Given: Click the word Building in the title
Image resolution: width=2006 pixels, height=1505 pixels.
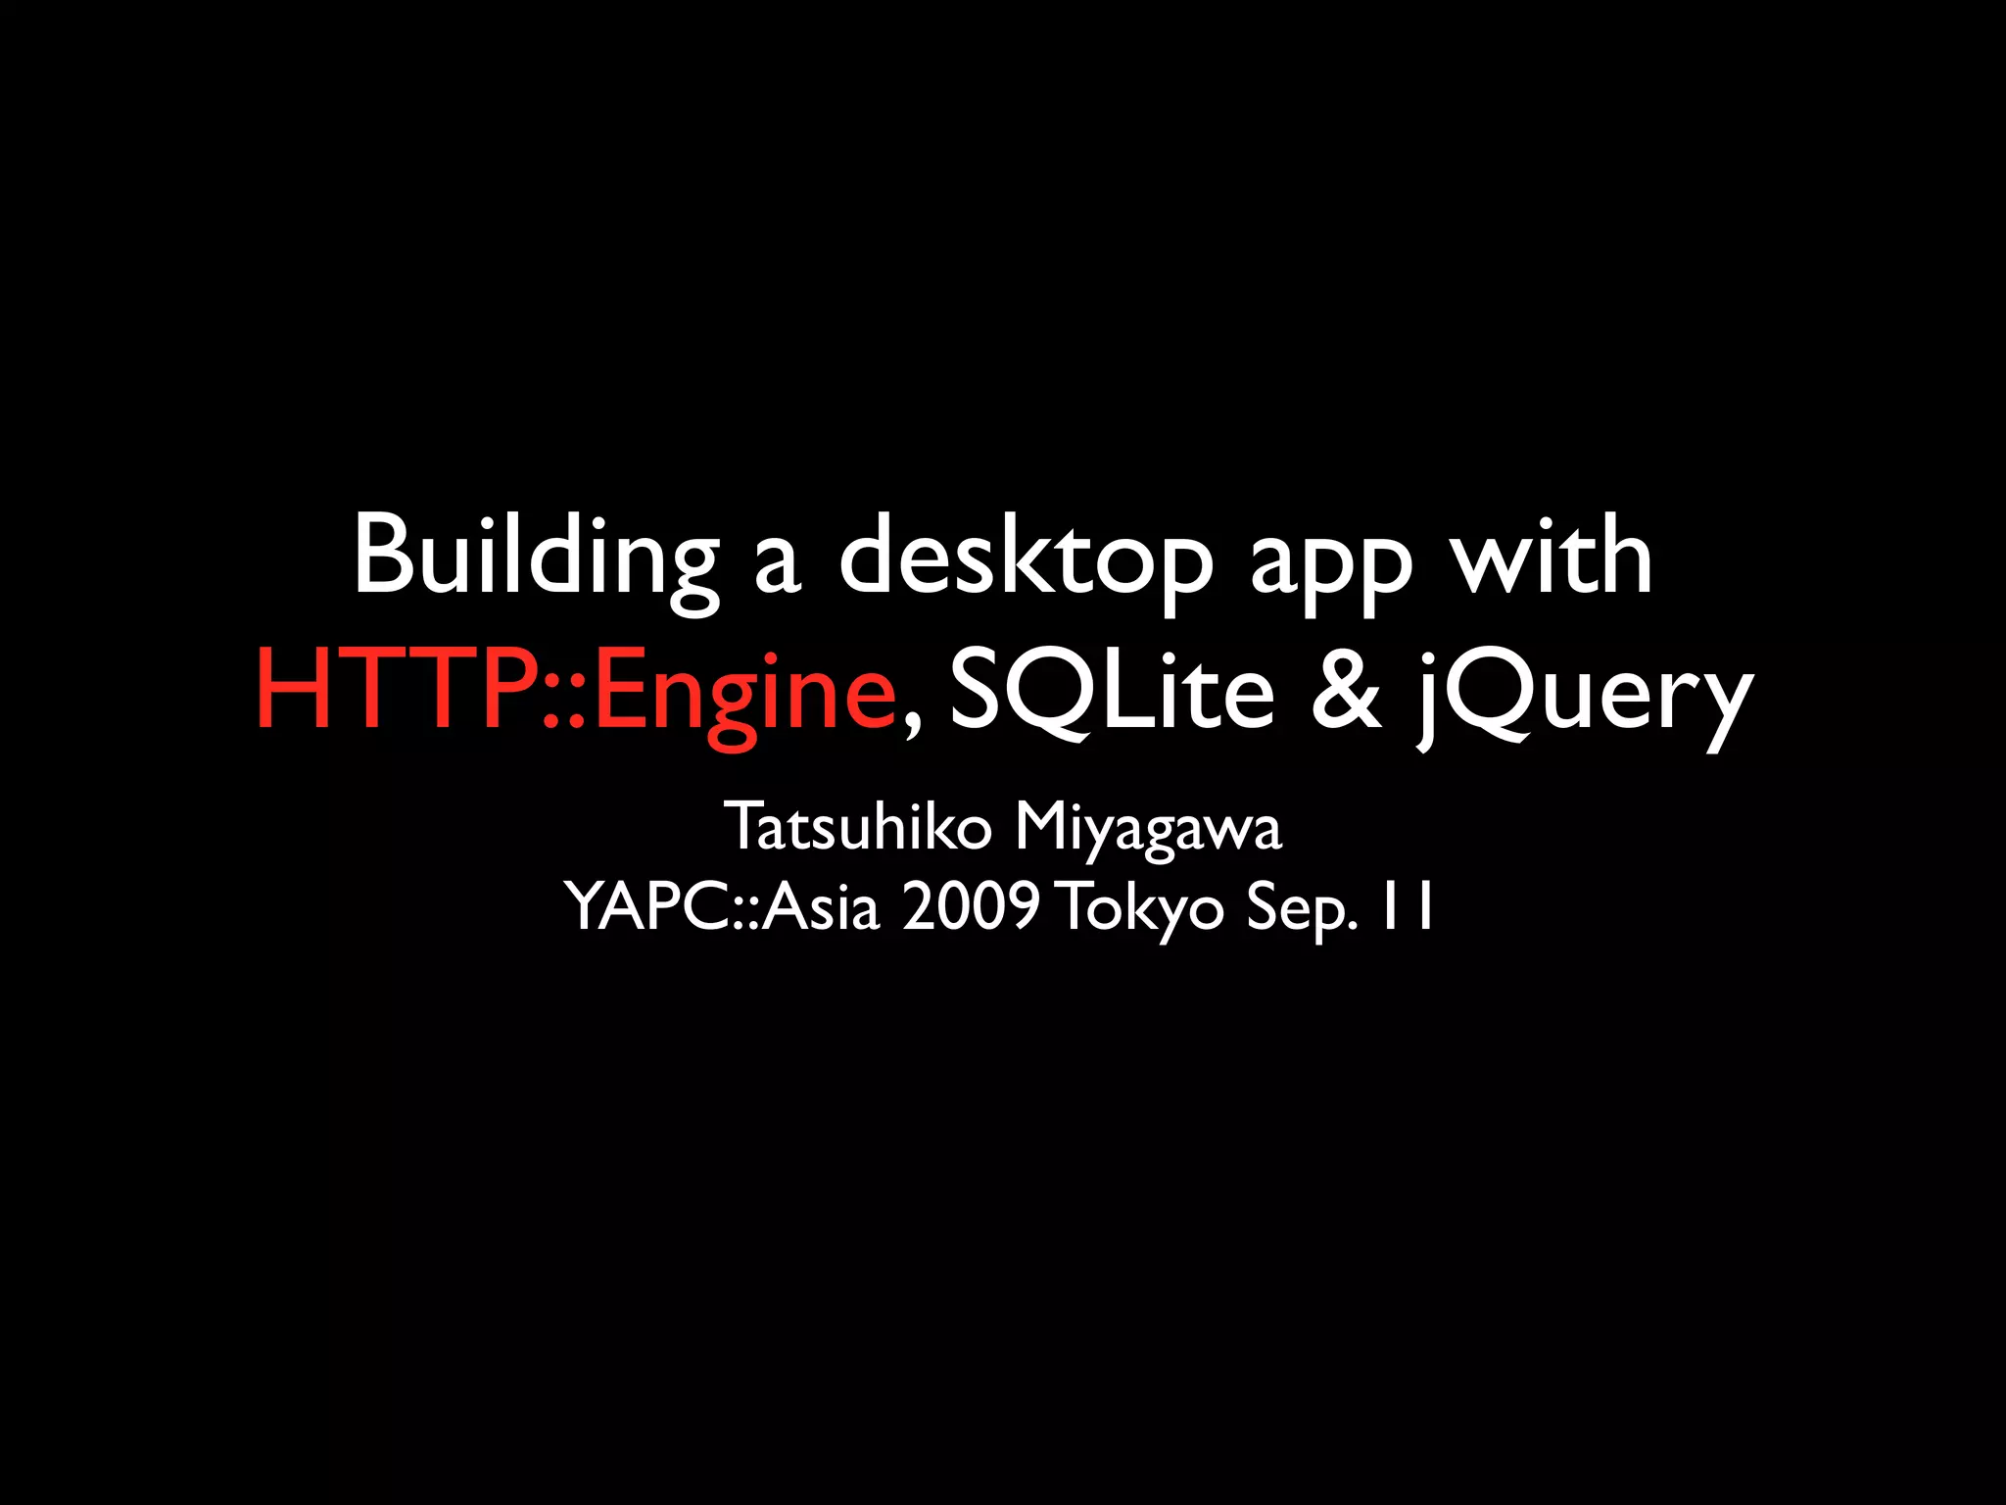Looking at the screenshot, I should (535, 557).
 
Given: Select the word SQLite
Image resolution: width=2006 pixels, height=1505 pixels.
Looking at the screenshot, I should (1112, 690).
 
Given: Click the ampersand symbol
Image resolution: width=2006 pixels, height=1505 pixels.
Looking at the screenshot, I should (1347, 690).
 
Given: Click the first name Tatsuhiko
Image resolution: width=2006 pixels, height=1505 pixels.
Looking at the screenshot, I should (858, 827).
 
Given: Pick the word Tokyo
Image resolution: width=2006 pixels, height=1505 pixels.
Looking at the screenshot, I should (1141, 909).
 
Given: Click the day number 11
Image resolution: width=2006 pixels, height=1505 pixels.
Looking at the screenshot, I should (1407, 906).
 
